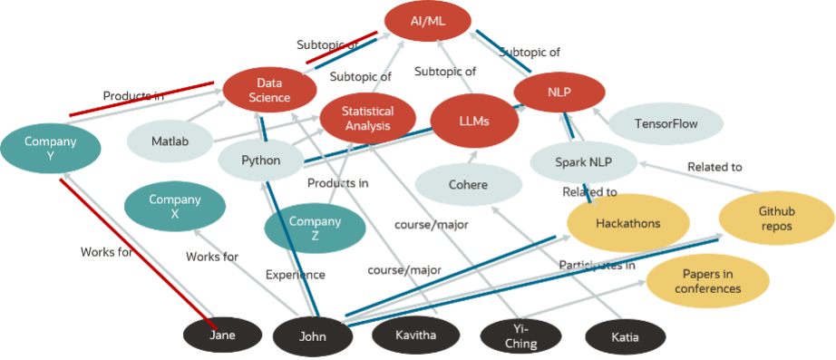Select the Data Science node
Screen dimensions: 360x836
coord(269,90)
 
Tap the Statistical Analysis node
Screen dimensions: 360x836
coord(367,118)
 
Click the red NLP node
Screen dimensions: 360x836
coord(559,92)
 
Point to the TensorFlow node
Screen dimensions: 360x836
coord(666,123)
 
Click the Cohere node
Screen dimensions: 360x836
coord(468,185)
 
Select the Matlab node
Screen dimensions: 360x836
coord(169,142)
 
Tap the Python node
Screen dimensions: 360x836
coord(260,161)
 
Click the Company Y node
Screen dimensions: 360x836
coord(50,149)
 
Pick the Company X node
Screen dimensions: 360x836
coord(175,207)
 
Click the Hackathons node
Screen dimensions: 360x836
coord(628,222)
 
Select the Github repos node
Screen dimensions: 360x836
coord(776,218)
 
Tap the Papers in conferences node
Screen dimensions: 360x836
coord(707,281)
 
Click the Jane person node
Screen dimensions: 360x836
coord(222,336)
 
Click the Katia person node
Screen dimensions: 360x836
coord(625,337)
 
